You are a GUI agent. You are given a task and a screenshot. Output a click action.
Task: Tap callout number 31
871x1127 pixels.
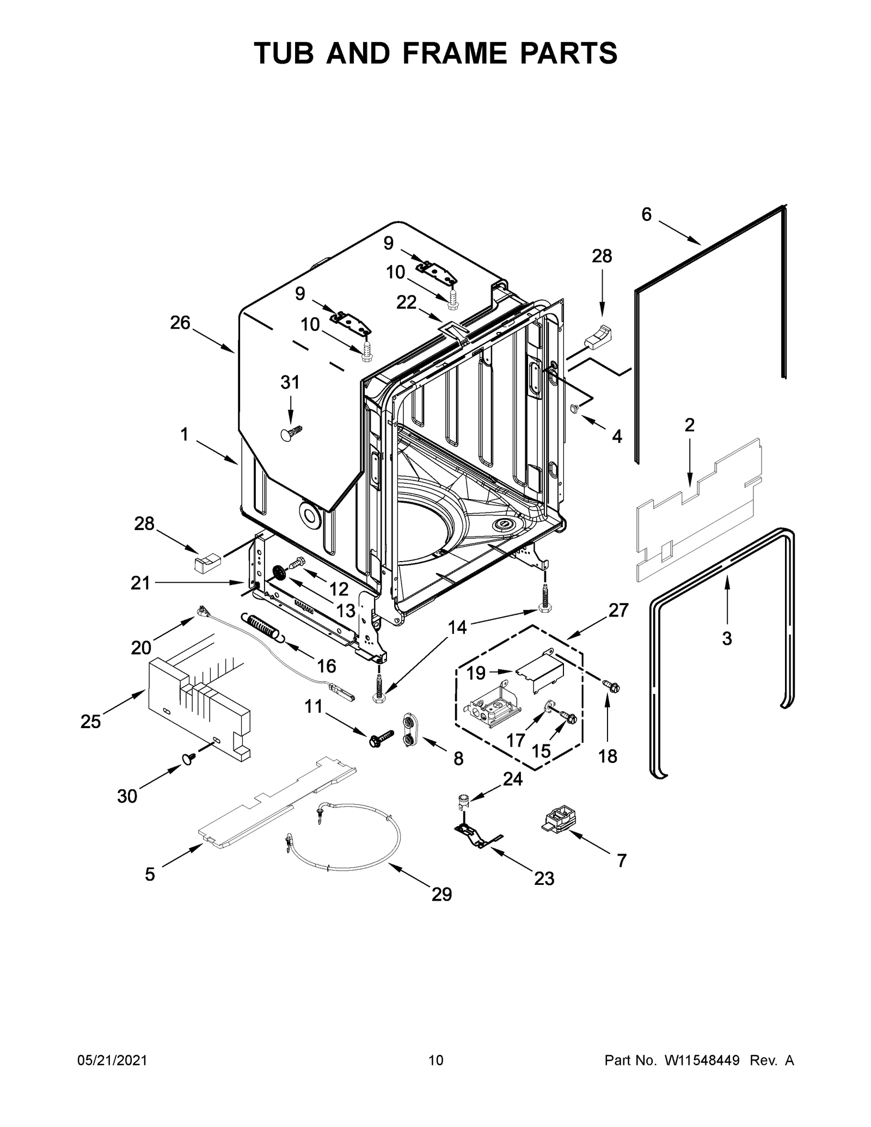pos(290,383)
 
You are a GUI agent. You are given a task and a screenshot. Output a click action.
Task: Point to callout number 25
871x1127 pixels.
pos(91,722)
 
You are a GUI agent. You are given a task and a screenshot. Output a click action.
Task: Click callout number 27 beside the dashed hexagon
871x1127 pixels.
pos(618,610)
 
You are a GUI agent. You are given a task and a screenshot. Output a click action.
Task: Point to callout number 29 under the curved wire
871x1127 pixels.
pos(441,894)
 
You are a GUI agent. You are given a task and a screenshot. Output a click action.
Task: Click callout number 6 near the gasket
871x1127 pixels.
pos(646,215)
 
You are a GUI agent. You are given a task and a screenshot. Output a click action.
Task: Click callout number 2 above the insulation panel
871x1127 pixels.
pos(689,425)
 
